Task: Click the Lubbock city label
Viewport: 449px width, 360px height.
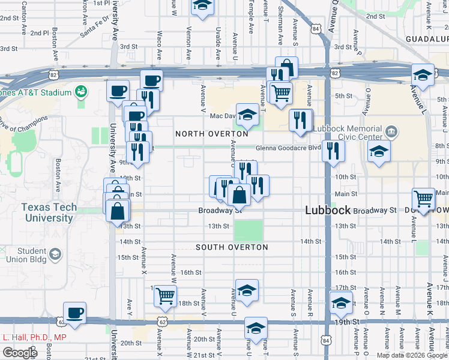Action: [x=327, y=211]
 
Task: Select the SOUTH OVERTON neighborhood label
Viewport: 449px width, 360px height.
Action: [x=231, y=247]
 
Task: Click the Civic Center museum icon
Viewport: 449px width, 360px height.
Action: [x=391, y=131]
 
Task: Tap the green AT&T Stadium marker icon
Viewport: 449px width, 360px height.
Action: [x=81, y=92]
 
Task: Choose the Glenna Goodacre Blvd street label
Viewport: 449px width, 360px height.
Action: [x=288, y=148]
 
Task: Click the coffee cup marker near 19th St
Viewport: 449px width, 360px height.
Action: [x=75, y=313]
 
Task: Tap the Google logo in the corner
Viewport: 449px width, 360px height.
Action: [x=20, y=353]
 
